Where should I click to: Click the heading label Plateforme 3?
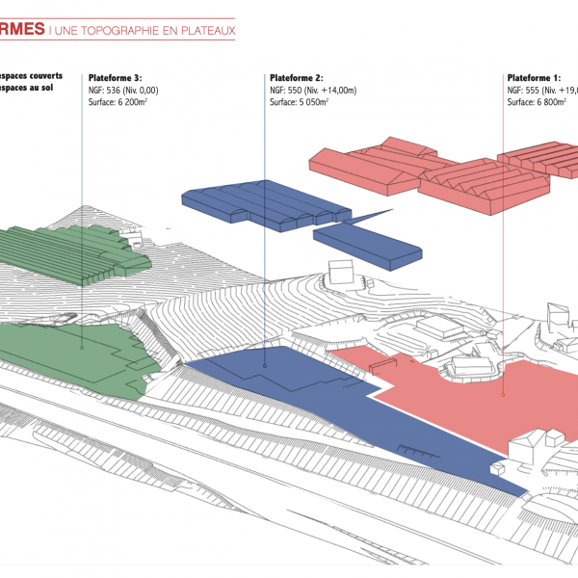coord(115,78)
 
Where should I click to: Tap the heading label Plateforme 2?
coord(297,78)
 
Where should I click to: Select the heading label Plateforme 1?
coord(533,78)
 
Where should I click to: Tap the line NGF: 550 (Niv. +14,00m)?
coord(313,90)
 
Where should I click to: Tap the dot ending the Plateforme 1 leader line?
coord(503,393)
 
